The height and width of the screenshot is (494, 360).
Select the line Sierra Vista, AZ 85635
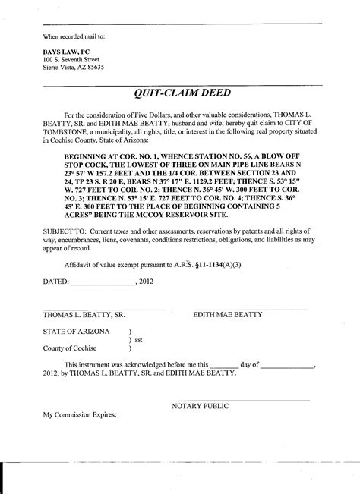click(x=74, y=68)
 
